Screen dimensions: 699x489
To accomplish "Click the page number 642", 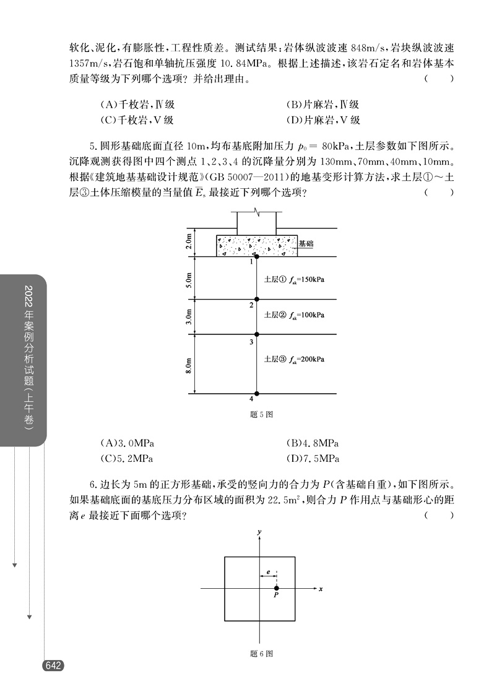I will (x=52, y=666).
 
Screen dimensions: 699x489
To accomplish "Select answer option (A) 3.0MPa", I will (x=127, y=443).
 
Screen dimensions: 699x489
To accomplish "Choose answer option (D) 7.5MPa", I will (x=313, y=459).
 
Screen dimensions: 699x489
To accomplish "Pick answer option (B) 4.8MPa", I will (x=313, y=443).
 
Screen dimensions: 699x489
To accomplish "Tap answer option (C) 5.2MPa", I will (x=127, y=459).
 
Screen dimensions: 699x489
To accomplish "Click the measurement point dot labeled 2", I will (x=257, y=300).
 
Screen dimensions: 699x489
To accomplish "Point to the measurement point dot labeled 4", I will (x=257, y=394).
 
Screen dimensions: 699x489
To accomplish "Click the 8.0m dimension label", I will (x=189, y=364).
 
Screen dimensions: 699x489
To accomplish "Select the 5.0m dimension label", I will (x=189, y=279).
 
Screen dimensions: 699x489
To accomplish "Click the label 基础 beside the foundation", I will (x=306, y=244).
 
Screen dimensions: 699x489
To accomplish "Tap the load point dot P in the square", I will (x=277, y=588).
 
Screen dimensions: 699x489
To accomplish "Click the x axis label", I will (x=321, y=589).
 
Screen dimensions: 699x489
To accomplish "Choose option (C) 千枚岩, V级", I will (x=137, y=120).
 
